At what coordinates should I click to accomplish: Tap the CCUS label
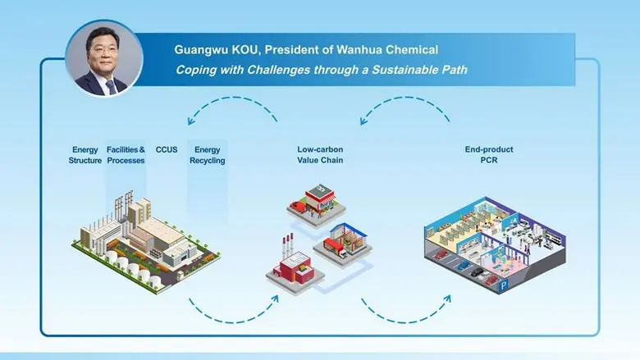(x=167, y=150)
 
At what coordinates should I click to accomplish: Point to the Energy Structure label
(x=85, y=155)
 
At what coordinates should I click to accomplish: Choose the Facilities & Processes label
(x=126, y=155)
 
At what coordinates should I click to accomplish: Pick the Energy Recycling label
(x=207, y=155)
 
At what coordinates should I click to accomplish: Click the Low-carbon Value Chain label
(x=320, y=155)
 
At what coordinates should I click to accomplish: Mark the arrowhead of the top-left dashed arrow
(x=190, y=121)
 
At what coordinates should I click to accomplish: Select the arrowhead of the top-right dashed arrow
(x=362, y=121)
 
